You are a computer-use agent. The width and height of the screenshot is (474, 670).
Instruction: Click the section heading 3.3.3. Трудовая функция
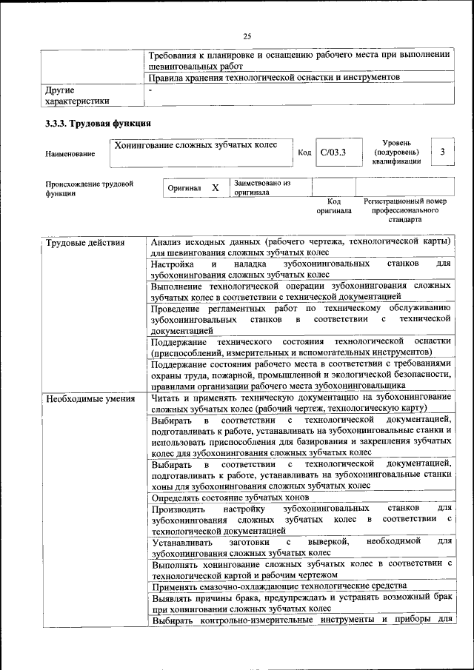[x=99, y=123]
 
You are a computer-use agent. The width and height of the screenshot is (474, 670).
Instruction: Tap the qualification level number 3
[x=442, y=152]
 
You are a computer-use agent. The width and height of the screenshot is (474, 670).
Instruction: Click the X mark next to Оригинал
[x=215, y=188]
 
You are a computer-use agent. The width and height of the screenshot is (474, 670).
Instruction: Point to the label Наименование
[x=70, y=153]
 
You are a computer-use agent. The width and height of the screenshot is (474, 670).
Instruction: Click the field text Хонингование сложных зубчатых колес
[x=195, y=145]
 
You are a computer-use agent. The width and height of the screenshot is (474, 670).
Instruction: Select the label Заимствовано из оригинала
[x=261, y=187]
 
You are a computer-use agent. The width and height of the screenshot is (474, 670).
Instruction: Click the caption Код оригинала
[x=333, y=206]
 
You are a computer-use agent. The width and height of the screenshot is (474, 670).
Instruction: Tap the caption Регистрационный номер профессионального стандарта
[x=404, y=210]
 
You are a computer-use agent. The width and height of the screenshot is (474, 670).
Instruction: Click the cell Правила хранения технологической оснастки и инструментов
[x=274, y=77]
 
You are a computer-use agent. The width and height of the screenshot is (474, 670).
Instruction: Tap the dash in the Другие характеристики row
[x=150, y=90]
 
